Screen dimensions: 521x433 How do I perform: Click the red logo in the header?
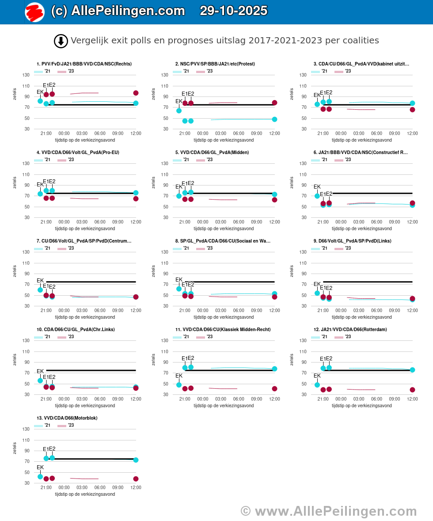(x=34, y=12)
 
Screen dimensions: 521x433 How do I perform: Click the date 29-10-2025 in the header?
(x=233, y=11)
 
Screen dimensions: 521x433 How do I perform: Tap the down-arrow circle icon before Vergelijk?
(x=61, y=41)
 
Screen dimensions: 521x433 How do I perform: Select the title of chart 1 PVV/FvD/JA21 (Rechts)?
(x=84, y=64)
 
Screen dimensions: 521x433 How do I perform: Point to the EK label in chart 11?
(x=179, y=376)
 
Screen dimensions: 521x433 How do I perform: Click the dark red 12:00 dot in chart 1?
(x=136, y=93)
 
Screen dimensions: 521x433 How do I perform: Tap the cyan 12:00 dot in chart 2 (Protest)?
(x=274, y=119)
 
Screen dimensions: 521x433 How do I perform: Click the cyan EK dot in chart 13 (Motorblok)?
(x=40, y=476)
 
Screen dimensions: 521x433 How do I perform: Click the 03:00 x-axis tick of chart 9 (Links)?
(x=358, y=310)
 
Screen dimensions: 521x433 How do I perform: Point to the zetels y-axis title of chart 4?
(x=15, y=182)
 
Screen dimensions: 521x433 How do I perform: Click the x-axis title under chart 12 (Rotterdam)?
(x=361, y=405)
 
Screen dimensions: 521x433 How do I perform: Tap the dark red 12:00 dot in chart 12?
(x=412, y=390)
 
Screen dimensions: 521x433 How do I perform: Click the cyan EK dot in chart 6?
(x=317, y=196)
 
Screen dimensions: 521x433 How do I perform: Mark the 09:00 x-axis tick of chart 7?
(x=118, y=310)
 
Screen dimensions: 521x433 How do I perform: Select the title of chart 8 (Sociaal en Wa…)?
(x=223, y=241)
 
